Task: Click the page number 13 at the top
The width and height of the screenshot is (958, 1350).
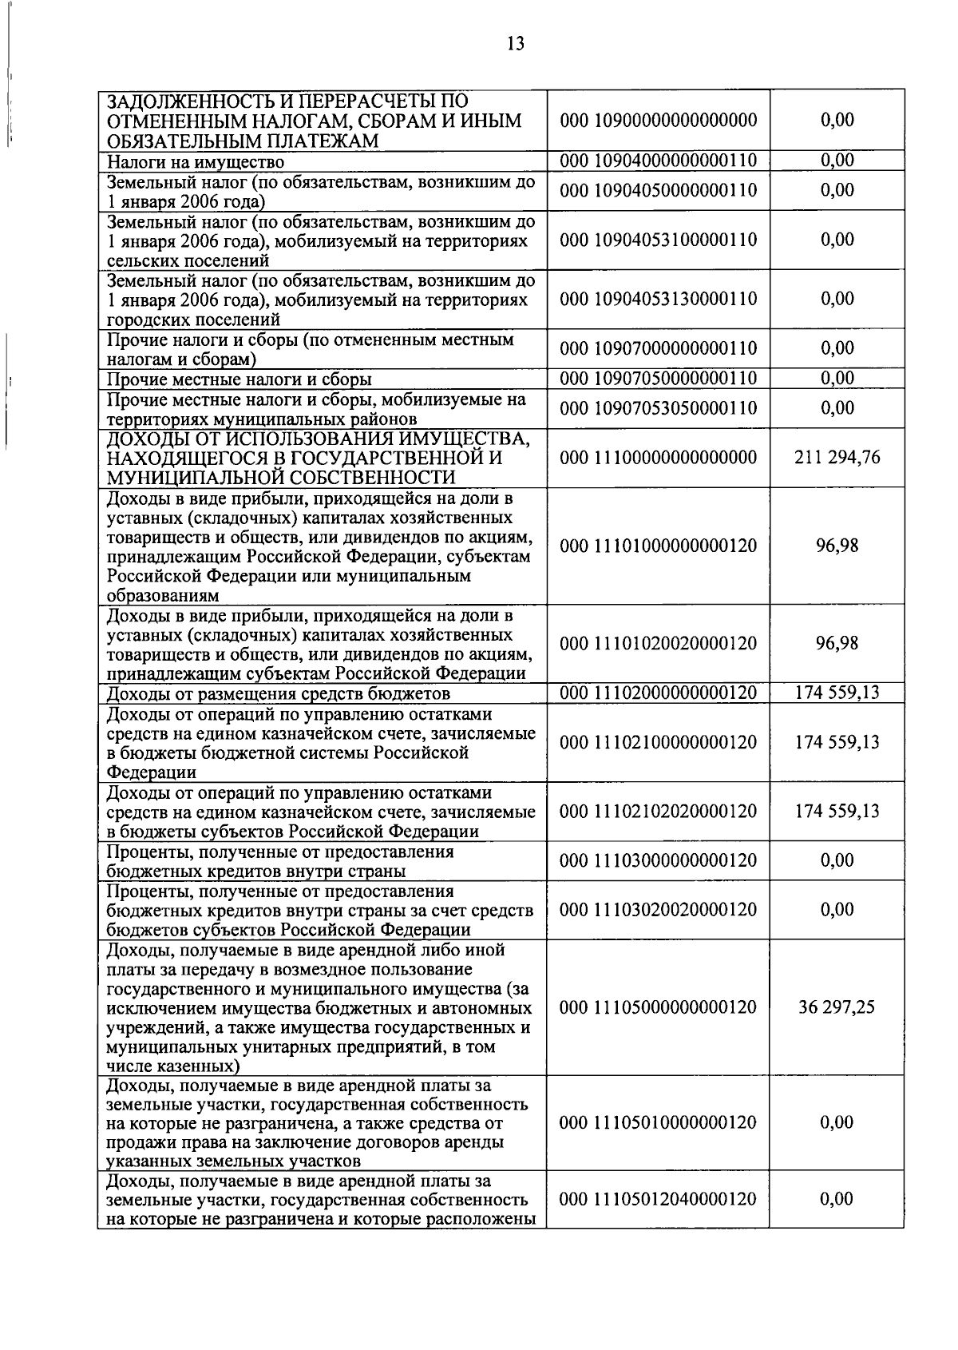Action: (516, 44)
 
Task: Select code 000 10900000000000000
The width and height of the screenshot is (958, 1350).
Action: (658, 121)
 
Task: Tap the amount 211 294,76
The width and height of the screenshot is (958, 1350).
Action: (837, 458)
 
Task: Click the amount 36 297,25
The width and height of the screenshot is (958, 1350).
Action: (837, 1007)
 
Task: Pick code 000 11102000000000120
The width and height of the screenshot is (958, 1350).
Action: (658, 693)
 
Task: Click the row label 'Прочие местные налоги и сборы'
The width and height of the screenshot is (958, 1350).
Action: (239, 379)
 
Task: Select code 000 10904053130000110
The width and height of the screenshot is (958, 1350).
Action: (658, 299)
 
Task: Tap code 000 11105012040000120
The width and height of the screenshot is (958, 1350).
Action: (658, 1199)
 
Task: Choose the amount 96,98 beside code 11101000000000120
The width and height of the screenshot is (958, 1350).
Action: (837, 546)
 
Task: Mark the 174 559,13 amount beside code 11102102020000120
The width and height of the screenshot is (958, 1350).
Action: (837, 812)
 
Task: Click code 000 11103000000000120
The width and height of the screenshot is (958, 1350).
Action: (658, 860)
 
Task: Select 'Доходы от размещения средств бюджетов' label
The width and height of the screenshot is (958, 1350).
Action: (278, 693)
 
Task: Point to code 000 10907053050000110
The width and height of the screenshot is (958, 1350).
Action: (658, 408)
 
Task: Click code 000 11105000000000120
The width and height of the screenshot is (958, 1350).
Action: (658, 1007)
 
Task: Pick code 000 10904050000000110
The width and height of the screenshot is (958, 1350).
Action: (658, 190)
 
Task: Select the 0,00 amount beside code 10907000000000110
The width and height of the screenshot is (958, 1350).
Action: (837, 348)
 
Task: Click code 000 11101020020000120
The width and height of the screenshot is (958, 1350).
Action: (658, 644)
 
